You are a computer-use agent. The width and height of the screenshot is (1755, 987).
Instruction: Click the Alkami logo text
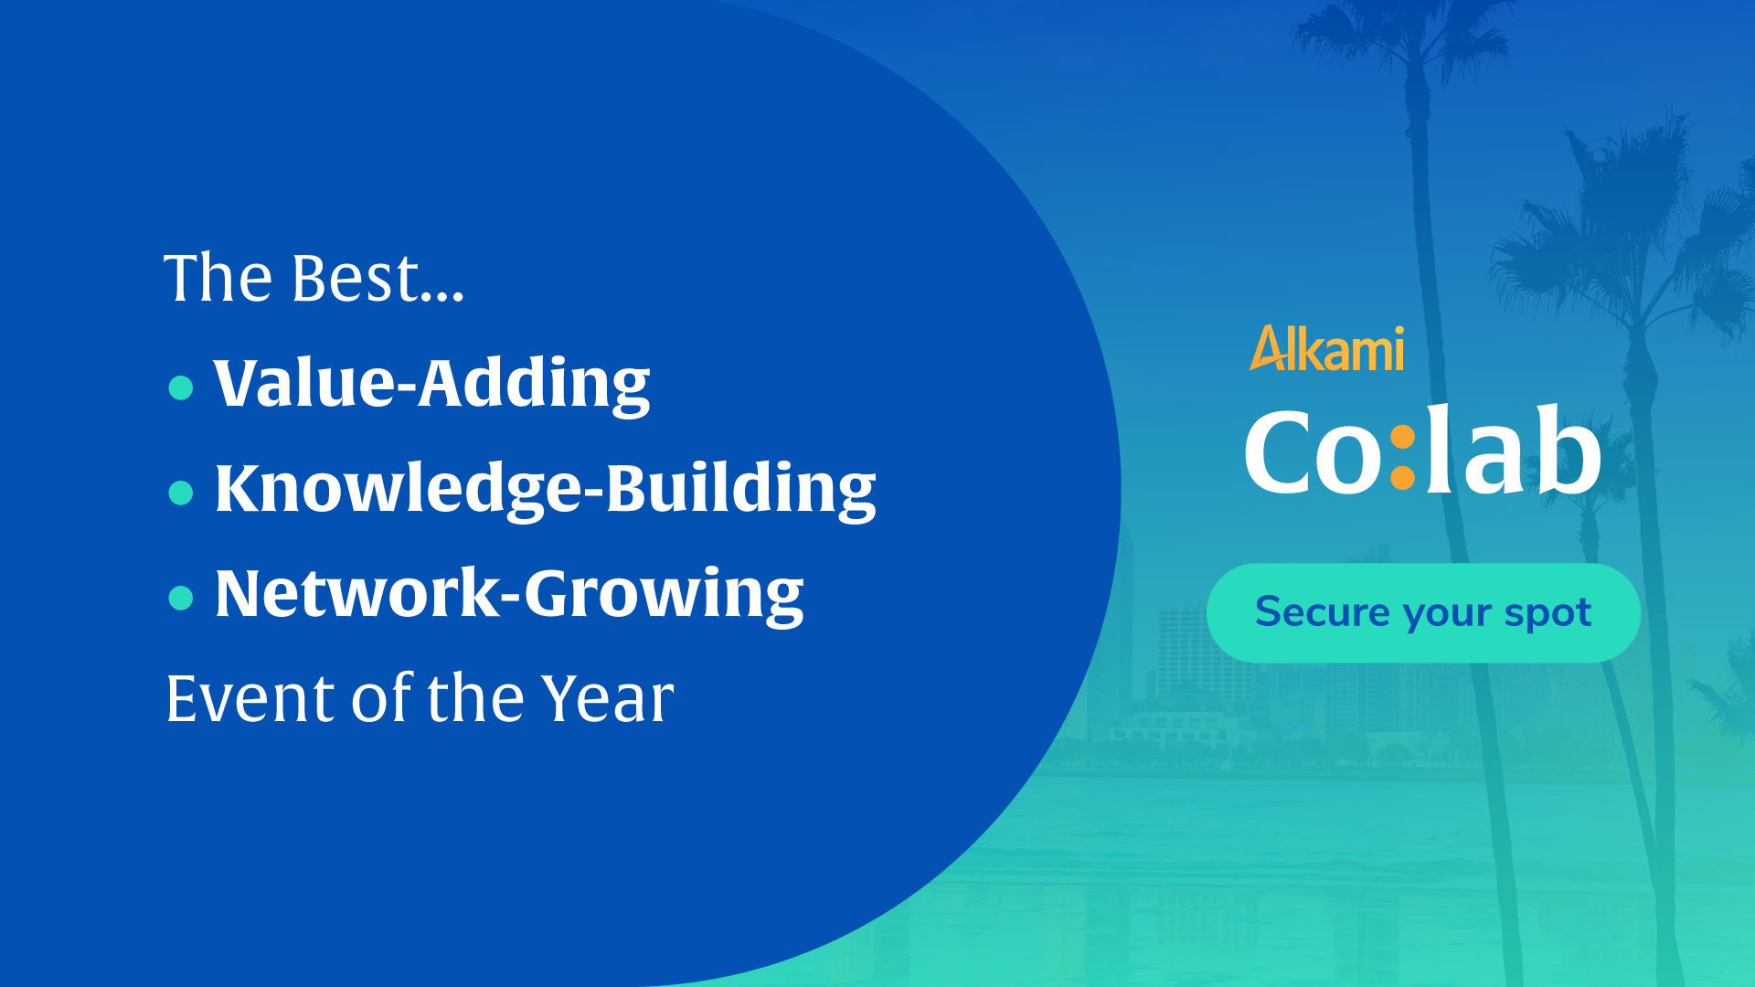[1326, 348]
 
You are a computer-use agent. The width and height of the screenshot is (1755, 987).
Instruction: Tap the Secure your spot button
[1423, 612]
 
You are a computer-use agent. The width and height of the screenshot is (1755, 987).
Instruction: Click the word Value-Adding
[431, 384]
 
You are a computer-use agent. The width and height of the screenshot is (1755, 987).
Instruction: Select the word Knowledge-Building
[545, 489]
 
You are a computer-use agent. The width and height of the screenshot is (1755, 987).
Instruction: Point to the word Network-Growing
[509, 594]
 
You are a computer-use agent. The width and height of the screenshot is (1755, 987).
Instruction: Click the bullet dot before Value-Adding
[181, 387]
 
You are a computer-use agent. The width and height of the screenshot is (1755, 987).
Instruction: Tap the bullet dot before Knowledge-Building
[181, 493]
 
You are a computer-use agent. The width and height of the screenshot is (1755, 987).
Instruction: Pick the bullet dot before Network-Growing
[181, 598]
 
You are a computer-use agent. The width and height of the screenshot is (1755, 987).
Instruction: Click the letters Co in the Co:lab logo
[1314, 451]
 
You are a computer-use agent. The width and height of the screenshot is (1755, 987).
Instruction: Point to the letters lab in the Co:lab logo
[1514, 448]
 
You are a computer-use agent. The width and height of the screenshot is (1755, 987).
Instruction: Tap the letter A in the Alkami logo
[1269, 348]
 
